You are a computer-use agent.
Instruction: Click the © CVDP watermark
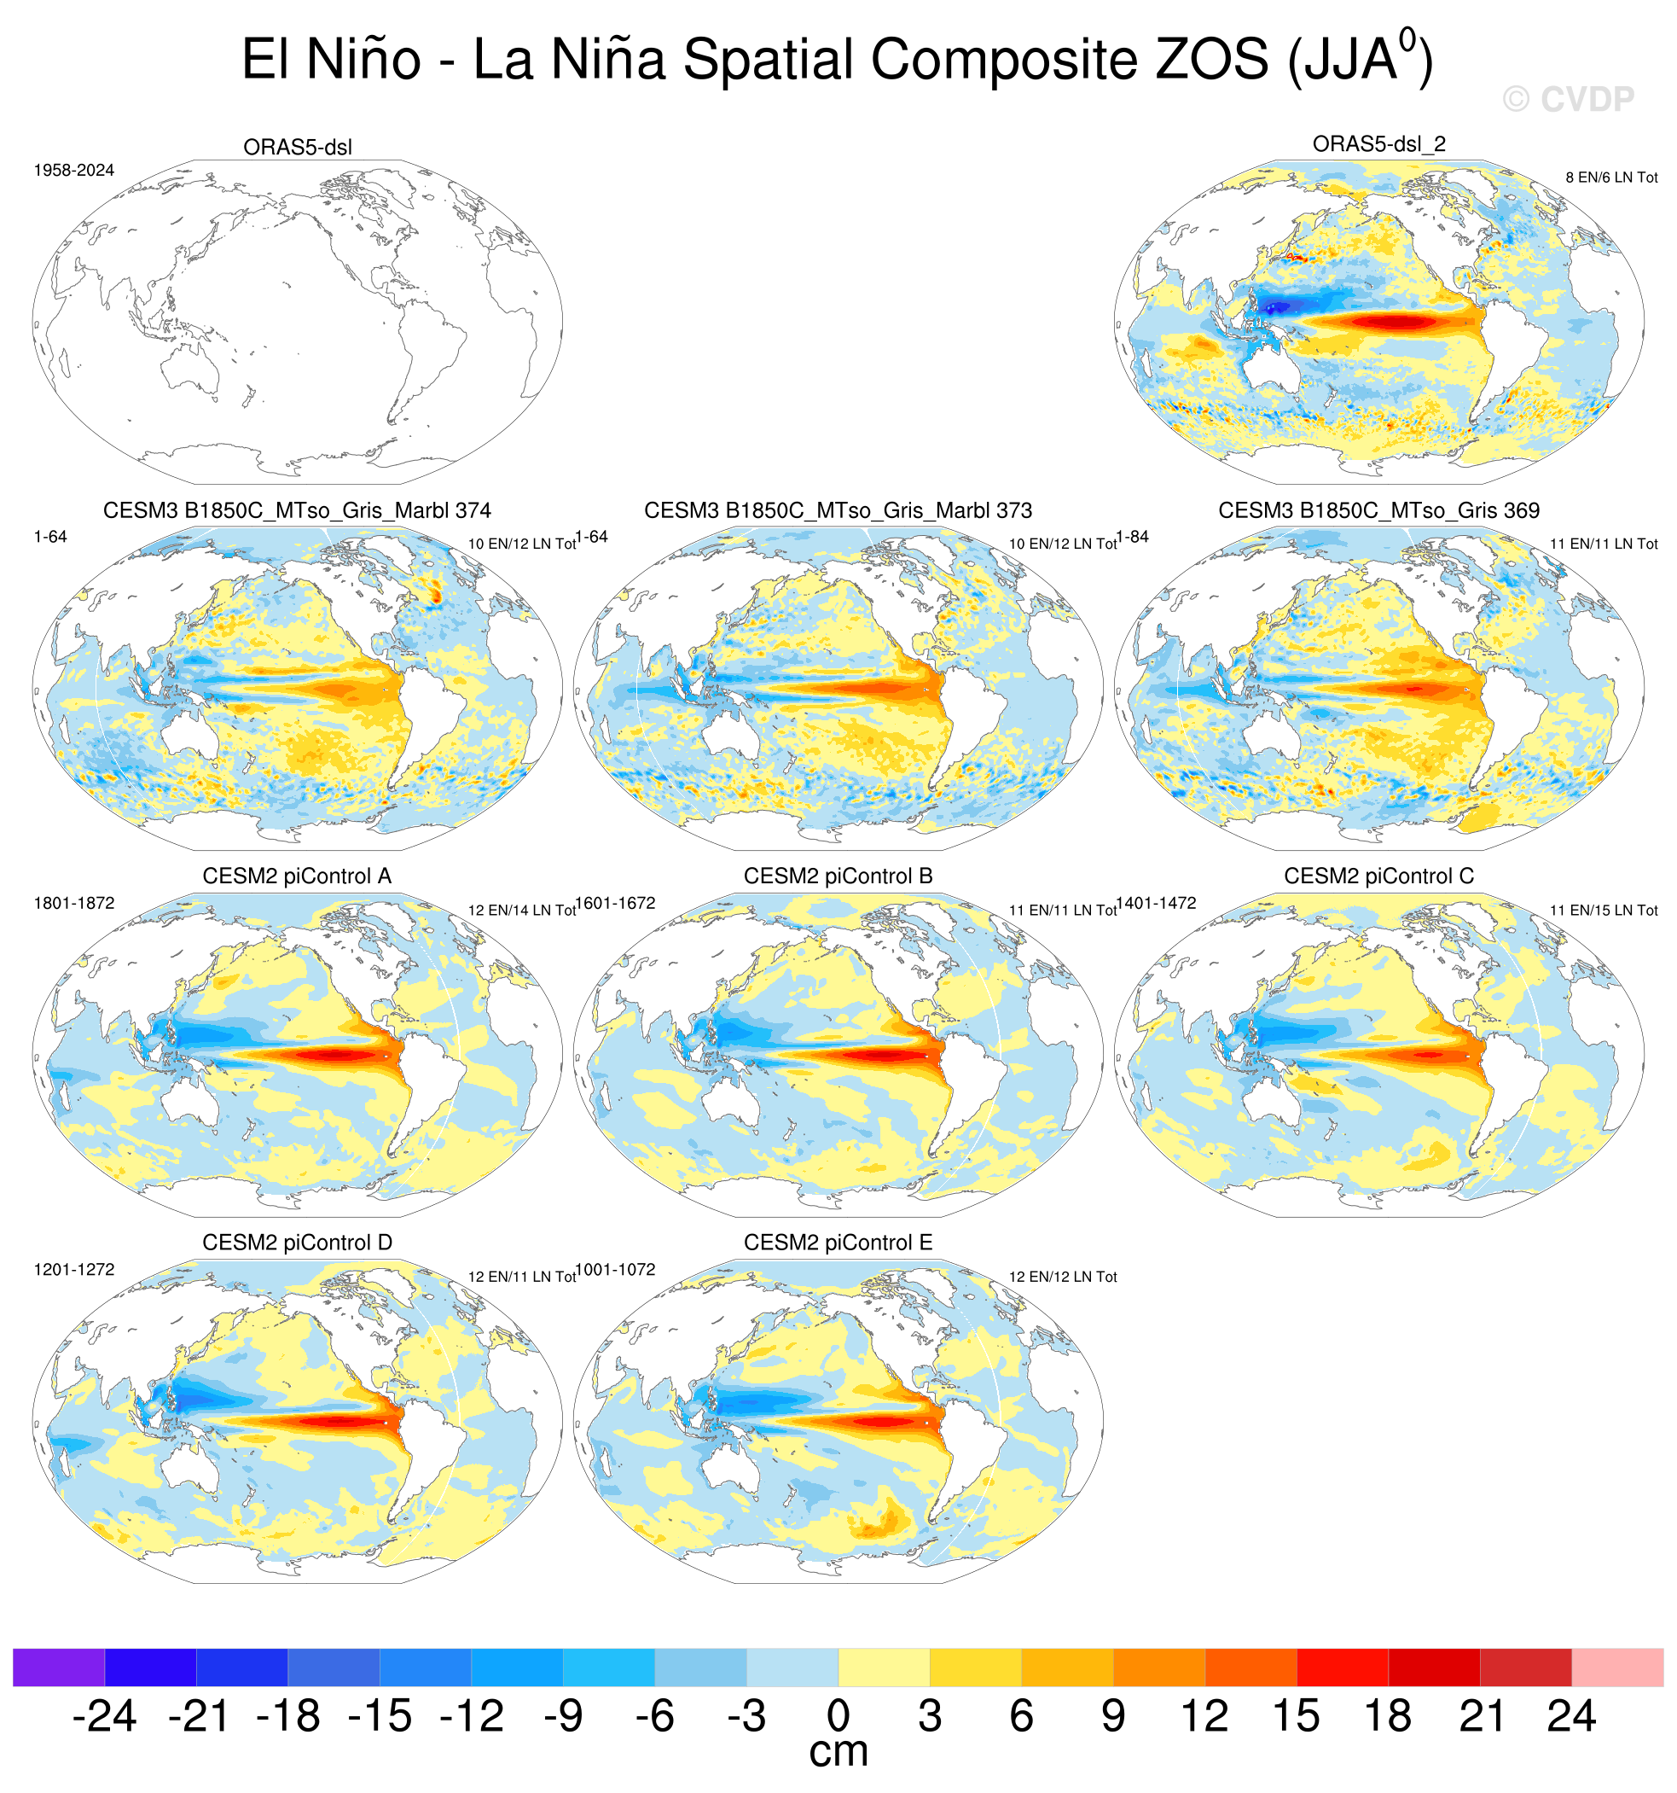click(1568, 99)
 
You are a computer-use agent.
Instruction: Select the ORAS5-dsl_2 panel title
click(1378, 143)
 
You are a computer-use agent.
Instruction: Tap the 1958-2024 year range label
click(74, 171)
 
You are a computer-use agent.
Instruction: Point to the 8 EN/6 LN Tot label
click(1611, 178)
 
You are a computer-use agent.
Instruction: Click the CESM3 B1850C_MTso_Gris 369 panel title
click(1378, 510)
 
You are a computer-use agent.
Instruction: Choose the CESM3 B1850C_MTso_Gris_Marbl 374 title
click(297, 510)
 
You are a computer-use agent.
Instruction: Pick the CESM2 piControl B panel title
click(838, 876)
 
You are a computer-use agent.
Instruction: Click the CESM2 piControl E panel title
click(838, 1243)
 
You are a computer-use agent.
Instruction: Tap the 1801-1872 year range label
click(74, 904)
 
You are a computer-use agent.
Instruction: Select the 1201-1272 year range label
click(74, 1270)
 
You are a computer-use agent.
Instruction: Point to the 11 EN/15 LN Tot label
click(1604, 911)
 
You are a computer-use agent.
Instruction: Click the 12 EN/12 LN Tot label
click(1063, 1277)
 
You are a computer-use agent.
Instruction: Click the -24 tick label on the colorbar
click(105, 1716)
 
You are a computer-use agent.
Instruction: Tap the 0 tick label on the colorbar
click(838, 1716)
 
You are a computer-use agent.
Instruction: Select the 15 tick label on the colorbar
click(1297, 1716)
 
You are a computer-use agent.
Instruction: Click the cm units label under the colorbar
click(838, 1752)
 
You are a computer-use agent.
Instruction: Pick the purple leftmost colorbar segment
click(59, 1668)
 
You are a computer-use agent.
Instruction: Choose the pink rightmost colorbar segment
click(1617, 1668)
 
